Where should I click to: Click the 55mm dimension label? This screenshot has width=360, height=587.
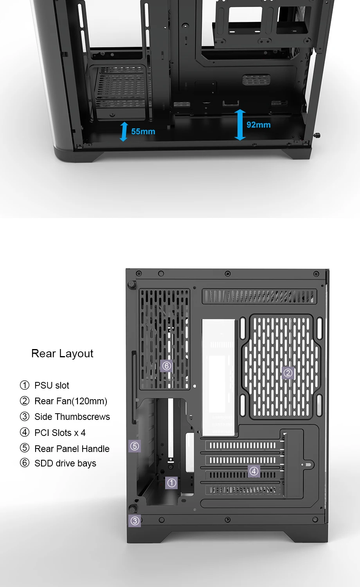pos(143,131)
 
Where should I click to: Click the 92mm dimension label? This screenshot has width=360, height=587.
pos(258,125)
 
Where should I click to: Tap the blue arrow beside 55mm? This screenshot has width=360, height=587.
pos(124,131)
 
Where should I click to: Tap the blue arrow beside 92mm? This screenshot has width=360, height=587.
pos(240,125)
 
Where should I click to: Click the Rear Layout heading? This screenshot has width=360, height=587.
pos(62,353)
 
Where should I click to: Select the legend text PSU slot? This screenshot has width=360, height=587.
pos(52,385)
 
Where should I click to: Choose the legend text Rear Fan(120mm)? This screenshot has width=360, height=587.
pos(71,401)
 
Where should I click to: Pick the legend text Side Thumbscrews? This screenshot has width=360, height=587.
pos(72,417)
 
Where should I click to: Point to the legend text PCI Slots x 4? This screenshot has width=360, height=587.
pos(60,433)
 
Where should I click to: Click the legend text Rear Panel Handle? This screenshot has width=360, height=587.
pos(72,449)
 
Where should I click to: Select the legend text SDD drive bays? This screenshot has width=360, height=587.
pos(65,463)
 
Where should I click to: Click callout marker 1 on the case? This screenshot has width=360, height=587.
pos(171,483)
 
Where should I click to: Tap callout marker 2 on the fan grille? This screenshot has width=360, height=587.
pos(288,373)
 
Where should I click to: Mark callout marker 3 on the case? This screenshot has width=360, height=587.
pos(135,521)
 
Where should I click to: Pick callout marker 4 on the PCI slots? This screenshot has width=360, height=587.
pos(254,471)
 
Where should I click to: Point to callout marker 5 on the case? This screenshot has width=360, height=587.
pos(135,446)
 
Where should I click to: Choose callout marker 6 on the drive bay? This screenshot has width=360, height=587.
pos(167,366)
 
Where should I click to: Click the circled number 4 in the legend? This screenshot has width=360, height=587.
pos(25,432)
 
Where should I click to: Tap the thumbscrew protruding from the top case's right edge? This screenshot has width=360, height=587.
pos(317,135)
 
